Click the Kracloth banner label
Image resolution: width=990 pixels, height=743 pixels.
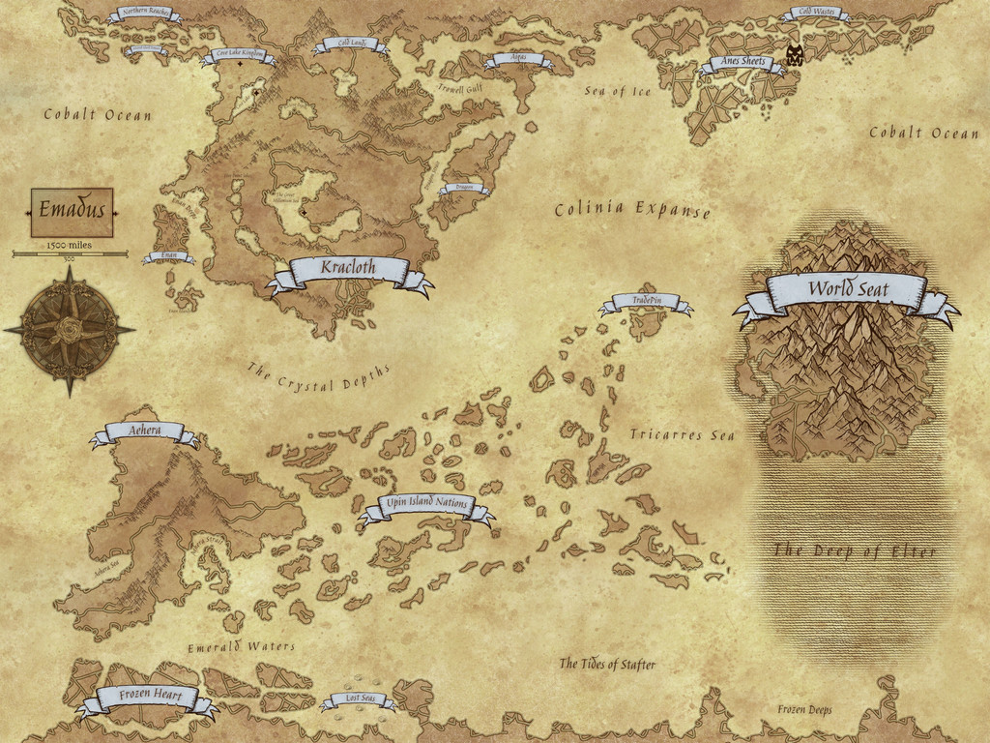pos(348,269)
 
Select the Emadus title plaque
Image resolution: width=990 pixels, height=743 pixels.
pos(72,211)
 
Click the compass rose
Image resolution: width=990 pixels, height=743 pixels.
pos(70,330)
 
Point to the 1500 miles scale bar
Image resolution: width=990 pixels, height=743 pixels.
pos(70,253)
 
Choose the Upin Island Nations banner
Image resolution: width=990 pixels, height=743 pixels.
pos(426,505)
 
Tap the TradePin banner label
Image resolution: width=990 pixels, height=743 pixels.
pos(646,302)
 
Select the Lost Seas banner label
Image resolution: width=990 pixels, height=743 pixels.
pos(359,699)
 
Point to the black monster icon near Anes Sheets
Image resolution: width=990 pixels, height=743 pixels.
pos(795,55)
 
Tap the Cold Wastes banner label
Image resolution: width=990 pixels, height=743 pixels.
pos(814,14)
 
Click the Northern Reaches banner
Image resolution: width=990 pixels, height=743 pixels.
pos(145,14)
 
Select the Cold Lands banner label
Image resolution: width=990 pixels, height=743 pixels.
pos(349,44)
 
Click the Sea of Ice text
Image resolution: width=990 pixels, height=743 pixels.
pos(618,92)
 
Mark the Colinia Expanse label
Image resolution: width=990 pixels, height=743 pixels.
pos(632,209)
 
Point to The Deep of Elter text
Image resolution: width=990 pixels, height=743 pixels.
pos(854,551)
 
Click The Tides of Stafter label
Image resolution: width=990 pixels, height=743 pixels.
pos(607,665)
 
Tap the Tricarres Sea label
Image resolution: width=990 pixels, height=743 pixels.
pos(682,435)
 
